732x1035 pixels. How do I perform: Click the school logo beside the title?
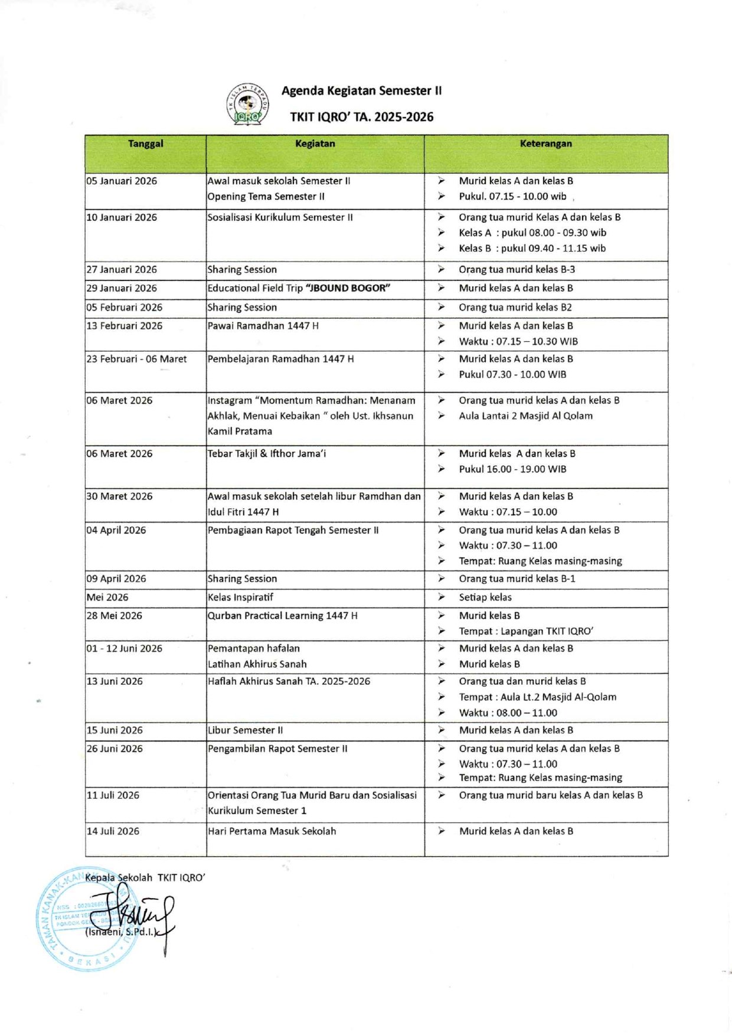[248, 105]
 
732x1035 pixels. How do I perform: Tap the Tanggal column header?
[145, 143]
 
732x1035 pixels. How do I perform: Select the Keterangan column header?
[545, 143]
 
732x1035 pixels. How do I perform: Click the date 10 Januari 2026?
[122, 217]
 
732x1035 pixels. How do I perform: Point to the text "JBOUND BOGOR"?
[348, 288]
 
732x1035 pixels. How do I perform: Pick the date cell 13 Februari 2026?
[124, 325]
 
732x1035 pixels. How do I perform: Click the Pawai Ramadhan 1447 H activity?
[263, 325]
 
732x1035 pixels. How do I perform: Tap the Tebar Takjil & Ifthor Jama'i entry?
[266, 453]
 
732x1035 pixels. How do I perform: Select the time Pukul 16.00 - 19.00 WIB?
[512, 469]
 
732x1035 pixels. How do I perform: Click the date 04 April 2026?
[116, 530]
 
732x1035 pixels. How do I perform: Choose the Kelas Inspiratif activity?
[240, 597]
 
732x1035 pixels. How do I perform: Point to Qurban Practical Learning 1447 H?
[282, 615]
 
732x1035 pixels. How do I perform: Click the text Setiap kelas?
[485, 597]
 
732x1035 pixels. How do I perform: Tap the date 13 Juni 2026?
[115, 681]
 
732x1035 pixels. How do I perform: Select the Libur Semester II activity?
[245, 730]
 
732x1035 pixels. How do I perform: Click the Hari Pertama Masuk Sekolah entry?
[272, 831]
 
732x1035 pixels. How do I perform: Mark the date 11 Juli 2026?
[113, 795]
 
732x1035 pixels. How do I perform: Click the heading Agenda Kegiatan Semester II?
[361, 90]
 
